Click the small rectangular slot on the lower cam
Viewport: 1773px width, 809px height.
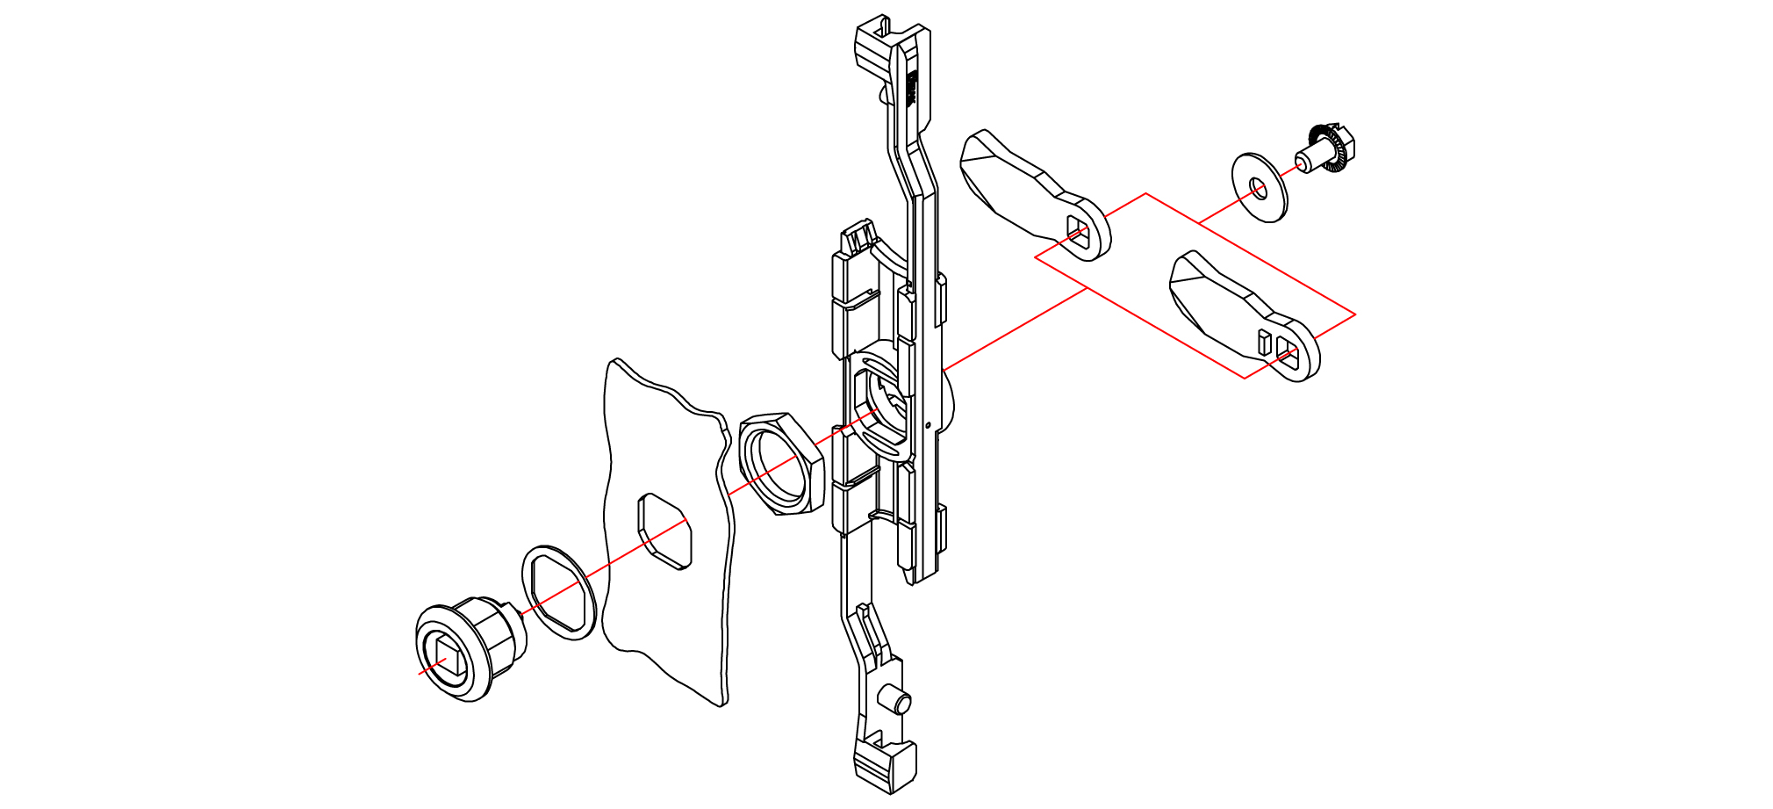[x=1264, y=342]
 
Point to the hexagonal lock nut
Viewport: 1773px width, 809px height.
[x=780, y=463]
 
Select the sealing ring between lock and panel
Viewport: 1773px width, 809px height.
[x=559, y=592]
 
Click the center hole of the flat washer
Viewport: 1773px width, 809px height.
[x=1259, y=188]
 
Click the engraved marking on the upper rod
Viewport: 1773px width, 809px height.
[x=910, y=88]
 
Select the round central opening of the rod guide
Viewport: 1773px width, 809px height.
[x=880, y=405]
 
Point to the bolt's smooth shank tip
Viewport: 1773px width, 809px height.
[x=1303, y=162]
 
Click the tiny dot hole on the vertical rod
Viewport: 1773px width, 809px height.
[x=928, y=426]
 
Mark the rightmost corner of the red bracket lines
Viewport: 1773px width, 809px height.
[x=1355, y=314]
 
